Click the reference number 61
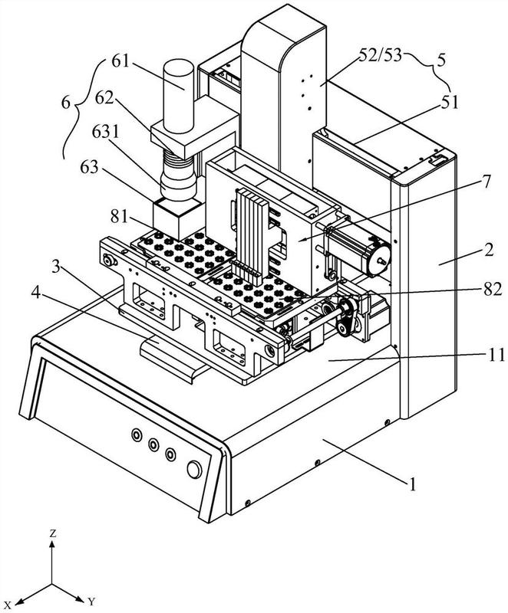[121, 61]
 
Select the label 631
[105, 133]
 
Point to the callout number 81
[119, 215]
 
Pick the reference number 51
[449, 103]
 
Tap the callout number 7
[485, 182]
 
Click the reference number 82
[492, 290]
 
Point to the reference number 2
[488, 251]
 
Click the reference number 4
[36, 292]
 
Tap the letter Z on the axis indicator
[52, 533]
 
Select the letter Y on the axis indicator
[91, 601]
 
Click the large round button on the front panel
[194, 470]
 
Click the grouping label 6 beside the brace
[66, 103]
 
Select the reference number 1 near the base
[412, 485]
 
